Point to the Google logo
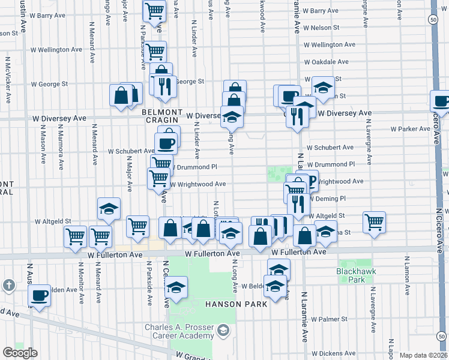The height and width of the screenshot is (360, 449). coord(20,353)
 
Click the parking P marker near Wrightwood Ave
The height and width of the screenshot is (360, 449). coord(310,181)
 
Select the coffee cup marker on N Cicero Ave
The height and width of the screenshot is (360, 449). coord(441,101)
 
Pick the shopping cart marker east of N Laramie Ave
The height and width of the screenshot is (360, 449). coord(374,221)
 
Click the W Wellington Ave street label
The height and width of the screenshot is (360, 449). coord(331,45)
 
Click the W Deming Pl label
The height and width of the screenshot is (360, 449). coord(328,198)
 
